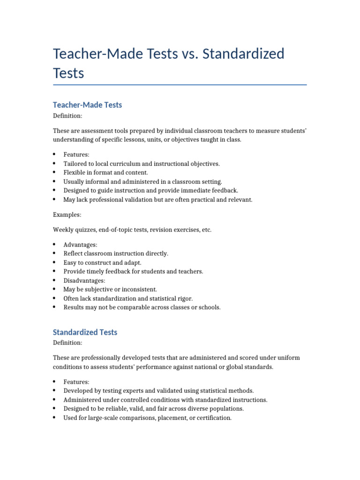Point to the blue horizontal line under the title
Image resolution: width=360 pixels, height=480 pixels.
180,85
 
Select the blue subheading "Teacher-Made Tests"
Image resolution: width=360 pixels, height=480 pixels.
87,105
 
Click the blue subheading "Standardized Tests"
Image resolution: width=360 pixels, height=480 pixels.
85,332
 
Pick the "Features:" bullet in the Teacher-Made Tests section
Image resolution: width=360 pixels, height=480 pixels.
76,154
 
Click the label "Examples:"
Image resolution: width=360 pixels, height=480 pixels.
67,215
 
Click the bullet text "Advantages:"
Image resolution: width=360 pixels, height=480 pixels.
80,245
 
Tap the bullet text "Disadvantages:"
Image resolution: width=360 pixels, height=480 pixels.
84,280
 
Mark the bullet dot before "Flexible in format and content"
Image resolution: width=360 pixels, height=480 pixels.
55,172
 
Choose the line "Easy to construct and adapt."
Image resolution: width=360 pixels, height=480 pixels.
102,262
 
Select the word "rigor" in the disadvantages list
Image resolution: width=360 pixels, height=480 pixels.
184,298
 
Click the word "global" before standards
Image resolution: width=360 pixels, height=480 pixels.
234,367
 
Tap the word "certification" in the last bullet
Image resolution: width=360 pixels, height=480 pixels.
212,418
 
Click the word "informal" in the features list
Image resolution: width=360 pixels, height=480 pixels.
96,181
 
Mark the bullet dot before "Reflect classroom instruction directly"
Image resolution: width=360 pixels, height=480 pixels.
55,254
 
